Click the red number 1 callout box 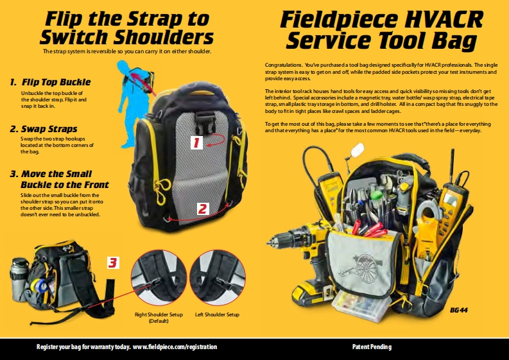[x=196, y=143]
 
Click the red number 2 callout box [x=202, y=209]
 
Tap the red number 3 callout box [x=113, y=262]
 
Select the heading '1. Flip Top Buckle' [x=50, y=82]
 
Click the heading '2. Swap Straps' [x=44, y=129]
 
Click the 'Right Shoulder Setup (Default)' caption [x=159, y=318]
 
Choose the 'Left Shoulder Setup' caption [x=217, y=314]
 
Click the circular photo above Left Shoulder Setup [x=218, y=278]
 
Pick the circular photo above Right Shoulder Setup [x=159, y=278]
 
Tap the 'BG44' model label [x=459, y=310]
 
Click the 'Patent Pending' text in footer [x=372, y=347]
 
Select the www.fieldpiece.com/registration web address [x=175, y=347]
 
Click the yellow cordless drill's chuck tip [x=268, y=242]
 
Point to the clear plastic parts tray [x=362, y=305]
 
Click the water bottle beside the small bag [x=19, y=279]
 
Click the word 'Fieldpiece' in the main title [x=339, y=19]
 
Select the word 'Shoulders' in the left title [x=164, y=37]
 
